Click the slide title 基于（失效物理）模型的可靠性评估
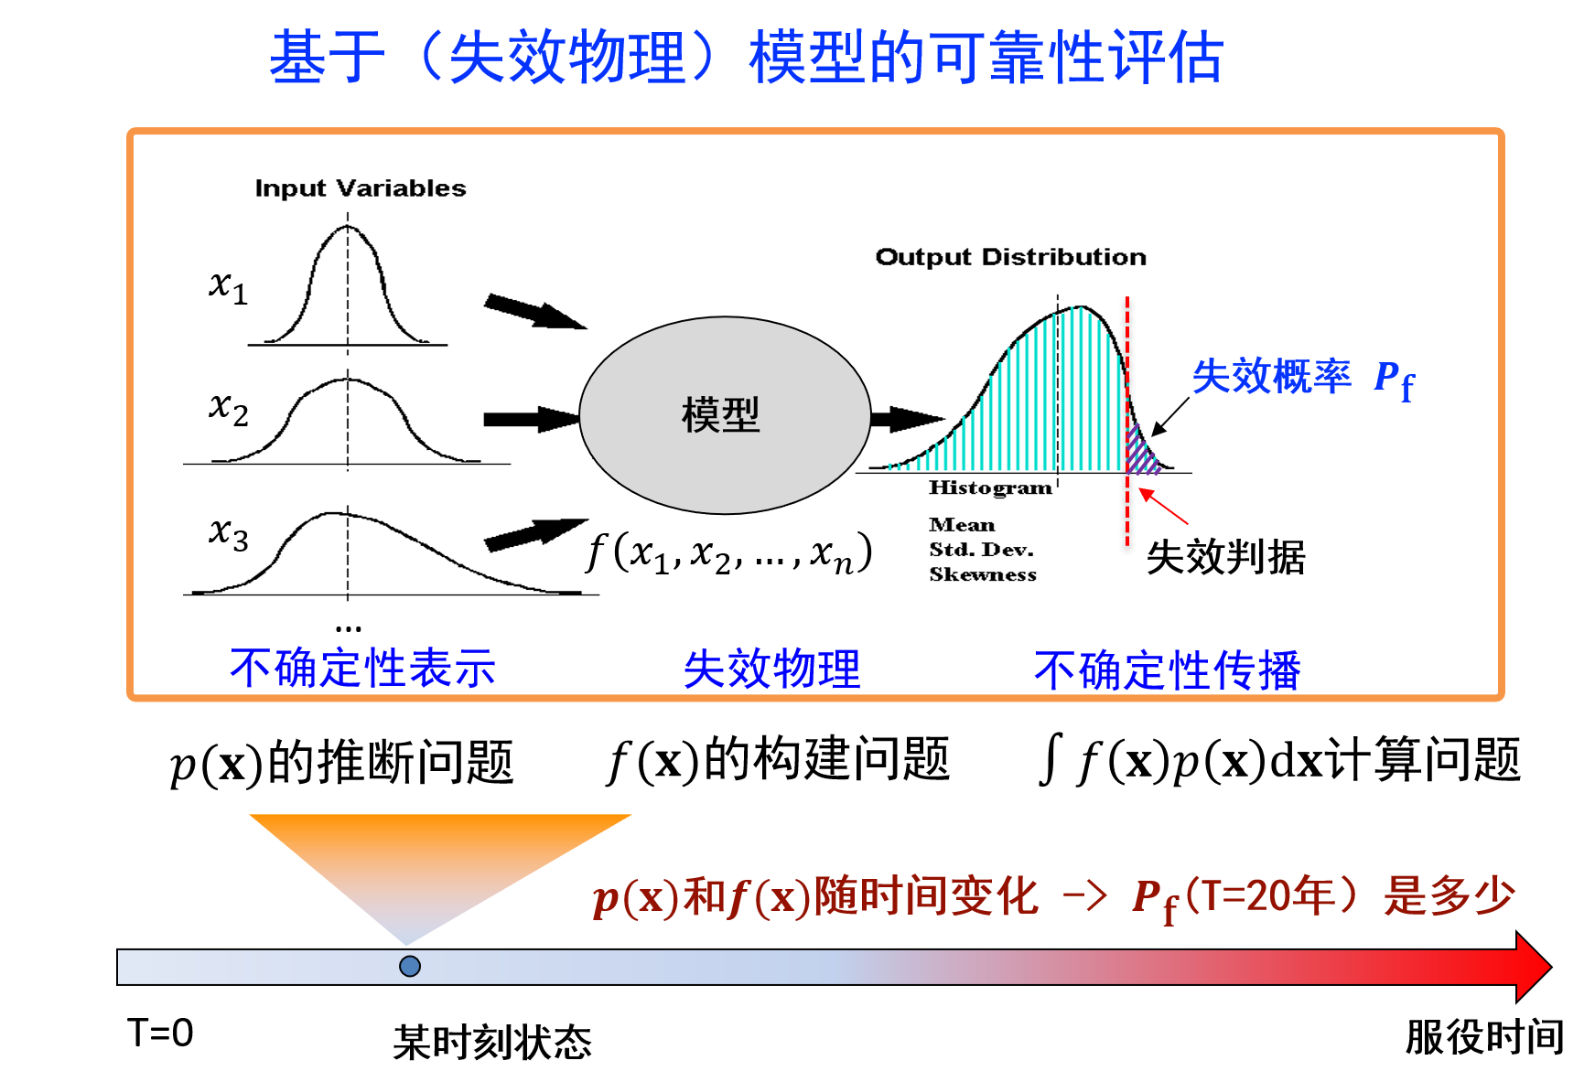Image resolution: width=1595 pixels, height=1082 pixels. tap(747, 57)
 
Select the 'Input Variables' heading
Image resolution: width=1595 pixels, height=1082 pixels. tap(361, 188)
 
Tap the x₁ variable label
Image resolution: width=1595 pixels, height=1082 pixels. tap(228, 286)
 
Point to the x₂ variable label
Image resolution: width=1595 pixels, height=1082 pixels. tap(228, 408)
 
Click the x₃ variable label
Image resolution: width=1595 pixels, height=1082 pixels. tap(228, 533)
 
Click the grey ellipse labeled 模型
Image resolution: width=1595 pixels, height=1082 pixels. tap(725, 415)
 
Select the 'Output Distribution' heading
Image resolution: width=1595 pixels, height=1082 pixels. tap(1010, 257)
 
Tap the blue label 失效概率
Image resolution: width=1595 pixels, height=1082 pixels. tap(1271, 376)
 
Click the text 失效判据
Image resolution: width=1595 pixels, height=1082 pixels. tap(1225, 557)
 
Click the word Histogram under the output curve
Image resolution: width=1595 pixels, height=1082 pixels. tap(990, 487)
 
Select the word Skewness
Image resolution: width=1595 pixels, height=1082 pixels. tap(983, 574)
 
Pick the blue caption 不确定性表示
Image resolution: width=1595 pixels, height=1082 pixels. tap(362, 668)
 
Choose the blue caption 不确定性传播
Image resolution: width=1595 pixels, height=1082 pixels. tap(1167, 670)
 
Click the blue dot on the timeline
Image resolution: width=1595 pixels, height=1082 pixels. tap(410, 966)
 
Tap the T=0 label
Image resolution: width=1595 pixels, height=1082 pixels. tap(160, 1034)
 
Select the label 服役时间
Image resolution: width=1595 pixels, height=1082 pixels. tap(1484, 1037)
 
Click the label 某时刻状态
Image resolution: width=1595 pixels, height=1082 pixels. tap(492, 1043)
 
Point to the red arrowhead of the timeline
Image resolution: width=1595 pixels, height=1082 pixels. tap(1534, 967)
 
